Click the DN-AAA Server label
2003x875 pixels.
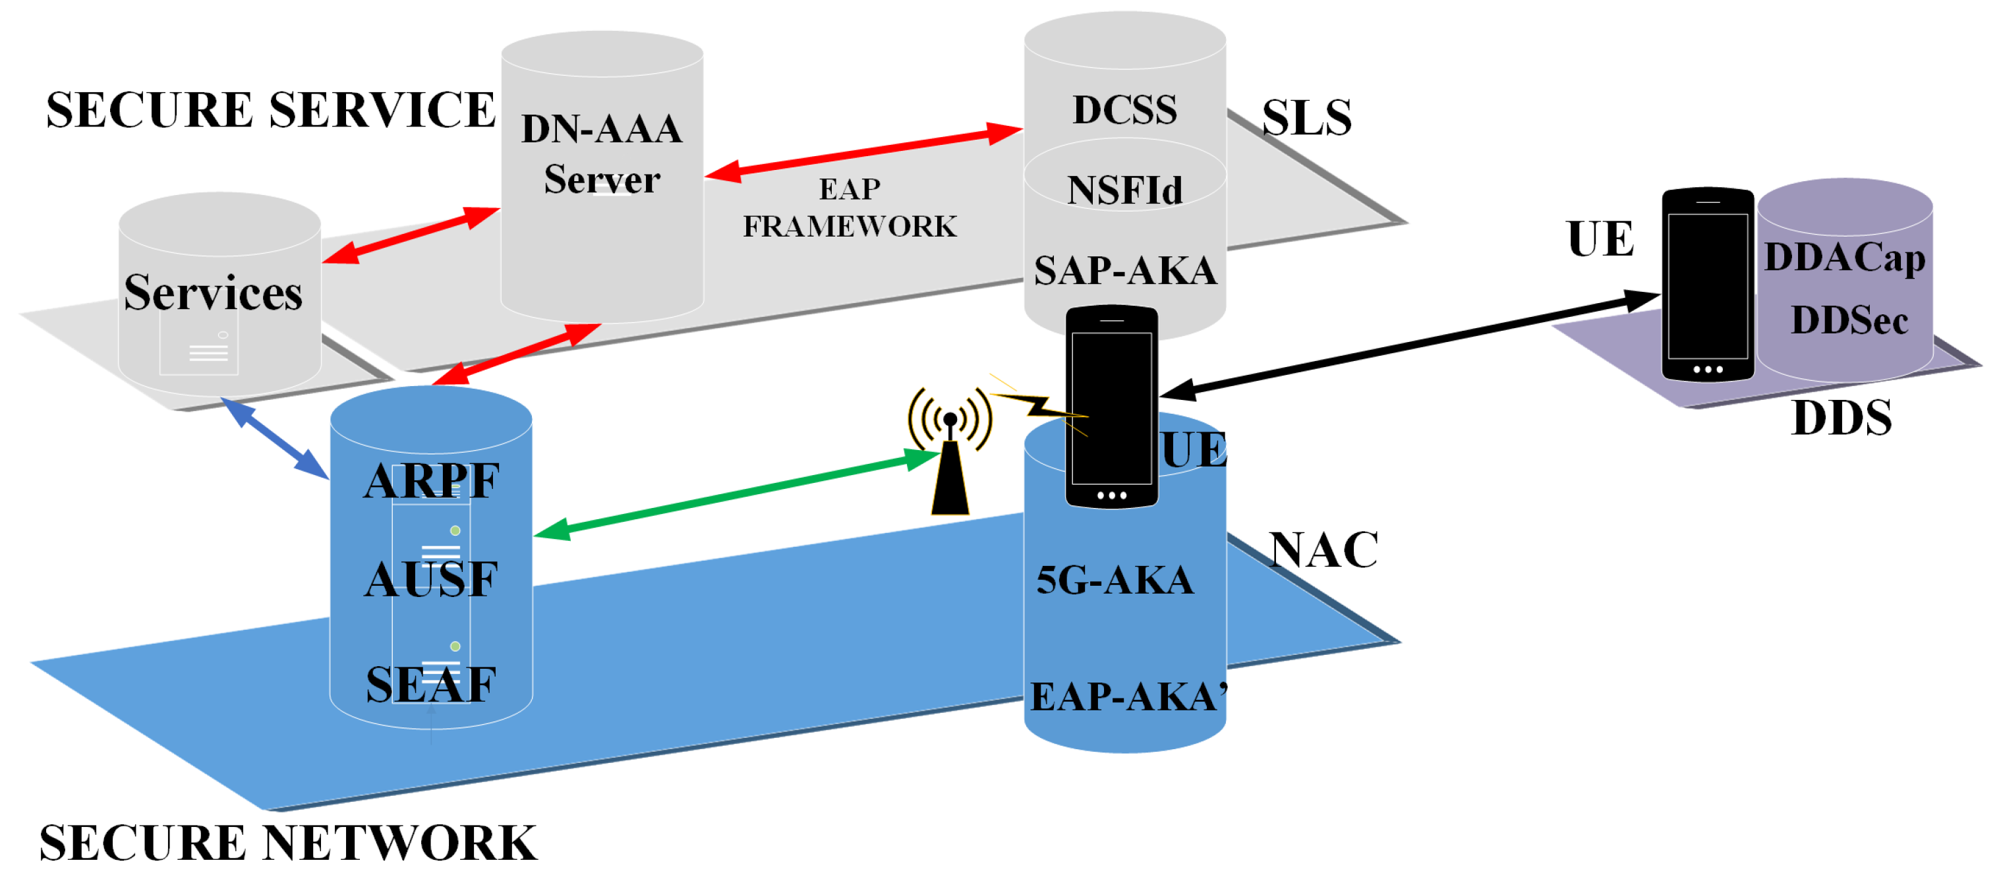tap(601, 154)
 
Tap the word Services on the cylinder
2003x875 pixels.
tap(213, 293)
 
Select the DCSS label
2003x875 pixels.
tap(1124, 109)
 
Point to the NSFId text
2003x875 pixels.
tap(1124, 190)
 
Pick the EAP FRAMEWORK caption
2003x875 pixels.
tap(849, 208)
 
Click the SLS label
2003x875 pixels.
tap(1306, 118)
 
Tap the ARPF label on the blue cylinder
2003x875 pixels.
tap(431, 481)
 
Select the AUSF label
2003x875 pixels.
tap(431, 580)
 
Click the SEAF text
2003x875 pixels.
tap(431, 685)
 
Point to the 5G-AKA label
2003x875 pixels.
tap(1115, 580)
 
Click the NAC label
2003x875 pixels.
tap(1323, 550)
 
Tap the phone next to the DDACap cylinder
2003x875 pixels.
tap(1708, 285)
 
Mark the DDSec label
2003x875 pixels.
tap(1849, 320)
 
